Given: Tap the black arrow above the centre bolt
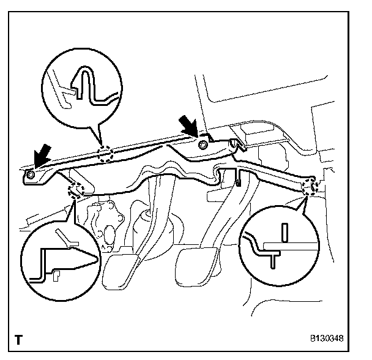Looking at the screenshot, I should pyautogui.click(x=188, y=127).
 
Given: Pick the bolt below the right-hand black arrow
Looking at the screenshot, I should pyautogui.click(x=202, y=144).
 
